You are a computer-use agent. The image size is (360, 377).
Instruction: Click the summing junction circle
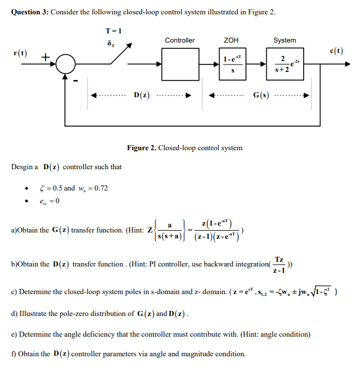(x=66, y=63)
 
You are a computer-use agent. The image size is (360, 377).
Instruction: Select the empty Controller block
(x=179, y=63)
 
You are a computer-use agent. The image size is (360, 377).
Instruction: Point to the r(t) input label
(x=21, y=52)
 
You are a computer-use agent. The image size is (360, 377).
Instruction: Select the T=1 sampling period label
(x=113, y=31)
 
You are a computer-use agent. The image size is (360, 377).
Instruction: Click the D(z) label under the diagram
(x=141, y=95)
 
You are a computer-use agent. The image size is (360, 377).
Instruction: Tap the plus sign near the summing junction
(x=45, y=56)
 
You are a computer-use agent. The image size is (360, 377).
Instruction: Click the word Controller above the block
(x=179, y=40)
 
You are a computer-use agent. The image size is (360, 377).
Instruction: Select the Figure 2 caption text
(x=185, y=148)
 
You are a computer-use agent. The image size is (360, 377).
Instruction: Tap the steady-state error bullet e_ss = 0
(x=49, y=201)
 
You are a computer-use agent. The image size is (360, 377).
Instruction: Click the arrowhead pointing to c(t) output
(x=346, y=63)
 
